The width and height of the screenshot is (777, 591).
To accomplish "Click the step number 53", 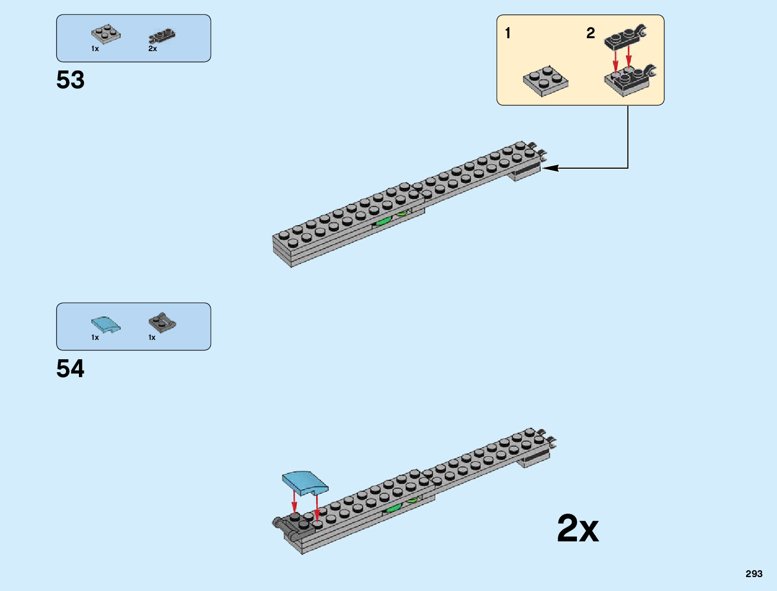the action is [71, 80].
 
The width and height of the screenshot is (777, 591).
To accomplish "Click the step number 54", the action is [71, 369].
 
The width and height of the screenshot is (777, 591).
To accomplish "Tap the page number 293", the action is [754, 574].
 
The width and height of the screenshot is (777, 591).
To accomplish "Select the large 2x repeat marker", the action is [577, 529].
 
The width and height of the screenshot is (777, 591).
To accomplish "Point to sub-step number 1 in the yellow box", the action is [507, 33].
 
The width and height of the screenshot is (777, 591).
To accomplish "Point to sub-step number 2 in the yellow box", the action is [590, 33].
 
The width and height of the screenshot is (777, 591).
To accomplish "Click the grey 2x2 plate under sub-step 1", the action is [546, 80].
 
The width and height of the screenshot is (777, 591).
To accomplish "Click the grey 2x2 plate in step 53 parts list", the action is [106, 34].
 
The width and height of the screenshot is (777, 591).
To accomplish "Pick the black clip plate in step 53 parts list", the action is [162, 36].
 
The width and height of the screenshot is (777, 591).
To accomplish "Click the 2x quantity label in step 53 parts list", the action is [152, 49].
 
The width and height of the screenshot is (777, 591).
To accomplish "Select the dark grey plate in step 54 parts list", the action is [162, 323].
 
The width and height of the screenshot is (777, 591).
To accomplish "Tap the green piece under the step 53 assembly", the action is [383, 221].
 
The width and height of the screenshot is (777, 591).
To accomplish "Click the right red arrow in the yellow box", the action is [629, 56].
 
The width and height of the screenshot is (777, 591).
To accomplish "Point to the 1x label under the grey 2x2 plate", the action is [95, 49].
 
